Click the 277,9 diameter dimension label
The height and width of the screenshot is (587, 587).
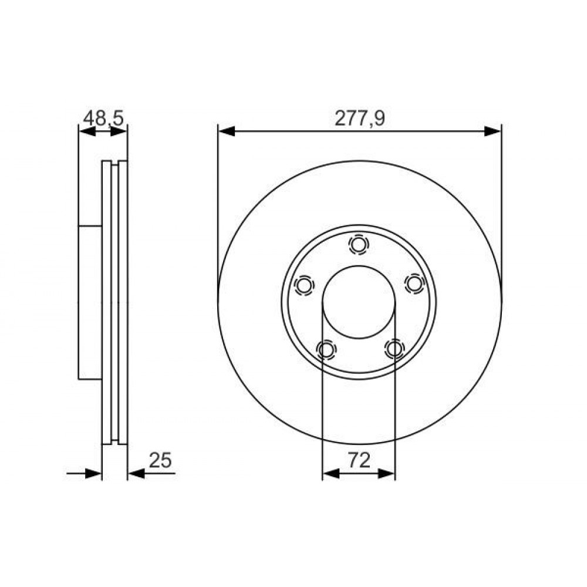coord(359,119)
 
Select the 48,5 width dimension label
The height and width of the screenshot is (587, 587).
coord(103,119)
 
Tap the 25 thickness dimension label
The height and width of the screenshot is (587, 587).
coord(160,460)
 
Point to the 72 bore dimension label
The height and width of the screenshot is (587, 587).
coord(359,460)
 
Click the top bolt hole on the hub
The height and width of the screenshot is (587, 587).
coord(359,245)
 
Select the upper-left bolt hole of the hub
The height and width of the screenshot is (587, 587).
coord(303,286)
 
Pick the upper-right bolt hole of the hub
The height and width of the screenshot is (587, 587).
coord(414,283)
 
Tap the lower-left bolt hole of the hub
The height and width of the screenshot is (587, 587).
coord(326,350)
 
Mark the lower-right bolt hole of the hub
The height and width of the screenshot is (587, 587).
coord(394,349)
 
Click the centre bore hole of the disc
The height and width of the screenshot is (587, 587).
coord(359,302)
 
